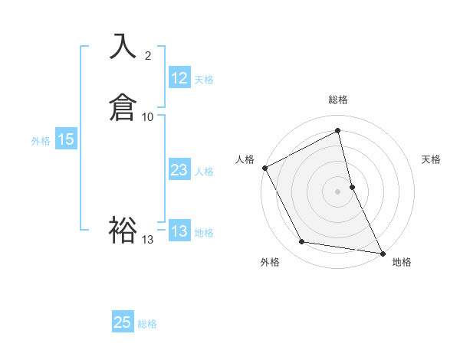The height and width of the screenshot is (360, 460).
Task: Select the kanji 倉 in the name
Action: click(x=123, y=106)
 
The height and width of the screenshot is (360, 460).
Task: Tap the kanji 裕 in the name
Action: click(x=123, y=229)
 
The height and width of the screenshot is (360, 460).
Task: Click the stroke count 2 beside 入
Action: click(x=148, y=56)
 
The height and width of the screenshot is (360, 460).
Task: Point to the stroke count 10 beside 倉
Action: click(x=148, y=116)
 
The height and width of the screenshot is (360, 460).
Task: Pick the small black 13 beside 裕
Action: click(x=148, y=240)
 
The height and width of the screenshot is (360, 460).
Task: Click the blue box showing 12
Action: click(x=179, y=78)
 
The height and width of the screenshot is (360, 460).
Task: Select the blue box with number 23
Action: click(x=179, y=170)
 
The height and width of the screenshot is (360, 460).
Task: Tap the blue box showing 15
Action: click(x=66, y=139)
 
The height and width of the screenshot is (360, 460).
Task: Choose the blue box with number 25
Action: click(x=123, y=322)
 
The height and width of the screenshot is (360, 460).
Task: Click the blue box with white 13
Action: click(x=179, y=231)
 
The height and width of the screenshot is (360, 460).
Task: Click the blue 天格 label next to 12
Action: click(x=204, y=80)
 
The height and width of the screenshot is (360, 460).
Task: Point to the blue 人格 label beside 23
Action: click(x=204, y=172)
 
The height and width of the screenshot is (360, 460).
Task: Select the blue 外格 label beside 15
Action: click(x=41, y=141)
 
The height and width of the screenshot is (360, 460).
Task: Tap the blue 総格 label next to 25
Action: click(x=147, y=324)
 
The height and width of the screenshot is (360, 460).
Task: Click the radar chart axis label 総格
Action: click(x=338, y=100)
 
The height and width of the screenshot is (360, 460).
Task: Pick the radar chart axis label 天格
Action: click(x=432, y=159)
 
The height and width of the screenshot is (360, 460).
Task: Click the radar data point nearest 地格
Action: click(x=383, y=253)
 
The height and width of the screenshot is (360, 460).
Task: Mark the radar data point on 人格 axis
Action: click(x=264, y=167)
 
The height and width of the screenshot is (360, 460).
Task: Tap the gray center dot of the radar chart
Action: click(x=338, y=191)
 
